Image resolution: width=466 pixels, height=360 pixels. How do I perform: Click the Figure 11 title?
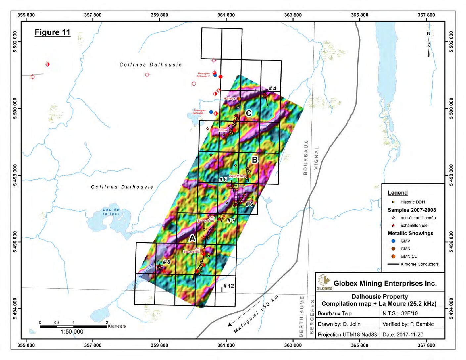click(52, 32)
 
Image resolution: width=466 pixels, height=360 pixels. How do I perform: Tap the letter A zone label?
click(192, 238)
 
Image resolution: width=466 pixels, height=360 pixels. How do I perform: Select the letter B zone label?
click(255, 160)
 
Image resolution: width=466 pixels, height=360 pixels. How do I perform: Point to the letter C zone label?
click(249, 113)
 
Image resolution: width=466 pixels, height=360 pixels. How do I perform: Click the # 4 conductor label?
click(272, 88)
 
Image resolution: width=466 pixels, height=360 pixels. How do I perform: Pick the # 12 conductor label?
click(228, 286)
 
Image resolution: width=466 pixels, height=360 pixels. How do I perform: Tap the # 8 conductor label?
click(166, 262)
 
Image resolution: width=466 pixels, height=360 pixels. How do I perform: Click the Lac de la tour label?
click(111, 211)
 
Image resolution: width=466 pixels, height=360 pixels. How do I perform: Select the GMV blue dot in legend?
click(393, 241)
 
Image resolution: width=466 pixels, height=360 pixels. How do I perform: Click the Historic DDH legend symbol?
click(393, 202)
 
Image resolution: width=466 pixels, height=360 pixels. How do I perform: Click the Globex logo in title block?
click(324, 282)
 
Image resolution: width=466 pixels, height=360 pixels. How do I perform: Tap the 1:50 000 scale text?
click(72, 332)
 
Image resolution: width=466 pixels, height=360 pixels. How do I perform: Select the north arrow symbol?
click(429, 45)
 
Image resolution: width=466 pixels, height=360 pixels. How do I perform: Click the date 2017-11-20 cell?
click(402, 335)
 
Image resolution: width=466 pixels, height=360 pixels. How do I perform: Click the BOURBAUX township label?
click(305, 157)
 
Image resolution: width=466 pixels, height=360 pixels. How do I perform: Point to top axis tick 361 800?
click(226, 15)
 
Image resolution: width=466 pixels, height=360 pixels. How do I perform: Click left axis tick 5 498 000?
click(15, 175)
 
